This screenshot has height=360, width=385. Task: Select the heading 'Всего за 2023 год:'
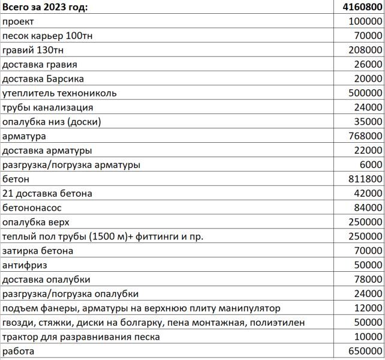(44, 7)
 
